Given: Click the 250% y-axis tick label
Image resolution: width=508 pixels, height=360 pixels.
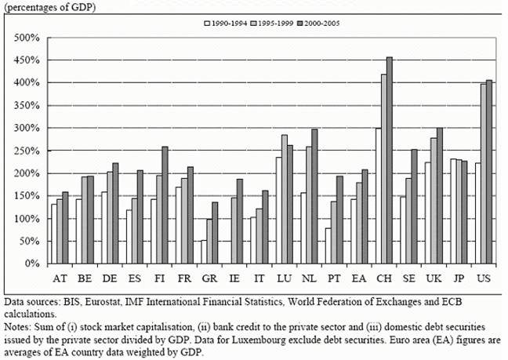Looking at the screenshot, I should [x=28, y=151].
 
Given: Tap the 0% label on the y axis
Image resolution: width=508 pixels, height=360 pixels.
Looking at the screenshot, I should [x=33, y=264].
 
